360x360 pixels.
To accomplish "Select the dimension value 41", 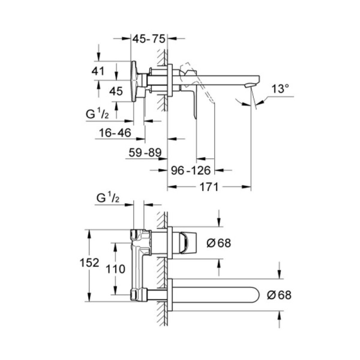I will click(x=99, y=71).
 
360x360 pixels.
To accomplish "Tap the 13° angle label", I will click(x=280, y=89).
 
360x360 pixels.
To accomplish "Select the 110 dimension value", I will click(x=115, y=269).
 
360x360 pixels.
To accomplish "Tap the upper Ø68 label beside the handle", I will click(x=218, y=243).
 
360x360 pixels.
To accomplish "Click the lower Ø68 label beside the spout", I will click(x=279, y=295).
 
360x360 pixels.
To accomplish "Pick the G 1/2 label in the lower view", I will click(x=108, y=198).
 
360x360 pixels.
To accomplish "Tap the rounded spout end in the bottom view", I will click(x=252, y=295).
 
